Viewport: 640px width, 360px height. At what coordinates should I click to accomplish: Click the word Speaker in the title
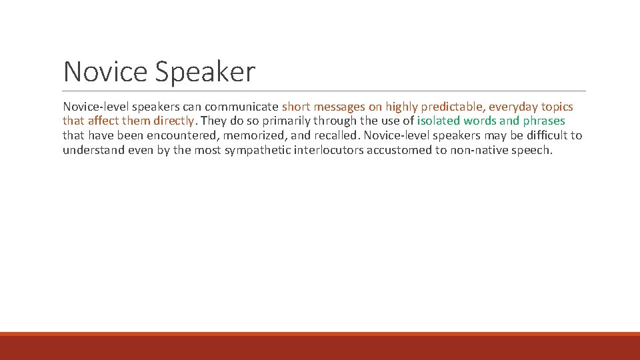(x=205, y=72)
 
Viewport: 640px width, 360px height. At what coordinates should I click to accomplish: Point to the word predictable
(x=451, y=107)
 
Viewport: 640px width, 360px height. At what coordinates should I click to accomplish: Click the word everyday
(x=513, y=107)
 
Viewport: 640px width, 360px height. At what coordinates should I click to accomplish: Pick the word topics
(x=557, y=107)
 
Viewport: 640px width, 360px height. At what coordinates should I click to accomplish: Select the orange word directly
(x=175, y=121)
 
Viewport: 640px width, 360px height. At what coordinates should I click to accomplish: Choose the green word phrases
(x=543, y=121)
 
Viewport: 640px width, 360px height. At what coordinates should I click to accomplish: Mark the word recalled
(x=335, y=136)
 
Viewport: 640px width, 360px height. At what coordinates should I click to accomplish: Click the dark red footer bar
(x=320, y=348)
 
